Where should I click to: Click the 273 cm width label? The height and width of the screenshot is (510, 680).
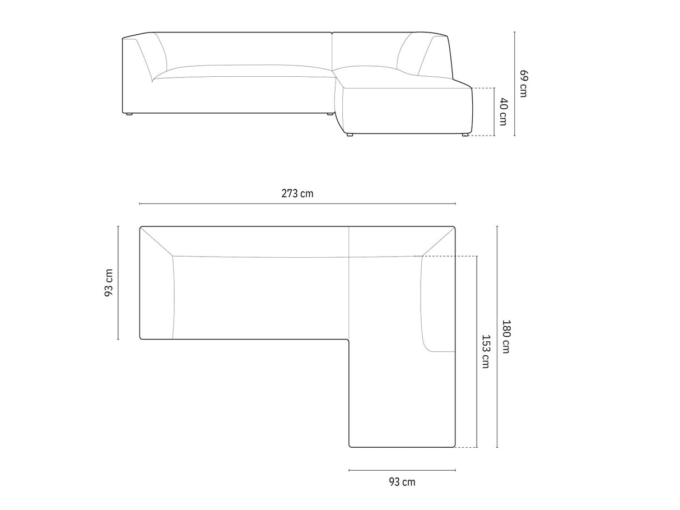click(297, 194)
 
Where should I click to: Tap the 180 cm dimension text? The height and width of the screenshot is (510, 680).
click(506, 336)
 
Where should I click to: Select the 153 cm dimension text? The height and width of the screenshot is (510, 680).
click(486, 351)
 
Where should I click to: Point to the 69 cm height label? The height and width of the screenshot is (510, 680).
click(523, 84)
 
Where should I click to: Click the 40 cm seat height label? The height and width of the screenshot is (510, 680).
click(504, 112)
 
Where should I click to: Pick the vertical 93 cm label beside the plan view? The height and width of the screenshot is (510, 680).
click(109, 282)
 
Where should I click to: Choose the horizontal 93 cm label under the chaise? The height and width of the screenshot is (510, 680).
click(402, 482)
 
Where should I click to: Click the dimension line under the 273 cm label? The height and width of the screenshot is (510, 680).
click(297, 203)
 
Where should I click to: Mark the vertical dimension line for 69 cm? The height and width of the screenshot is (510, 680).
click(515, 84)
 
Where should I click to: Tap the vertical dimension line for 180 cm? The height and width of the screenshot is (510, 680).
click(497, 336)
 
